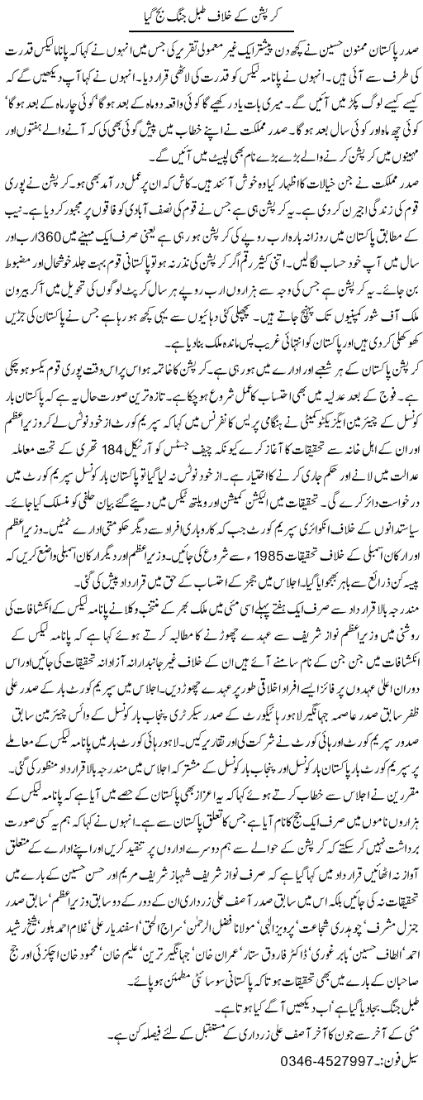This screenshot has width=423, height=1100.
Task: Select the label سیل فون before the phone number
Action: coord(388,1083)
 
